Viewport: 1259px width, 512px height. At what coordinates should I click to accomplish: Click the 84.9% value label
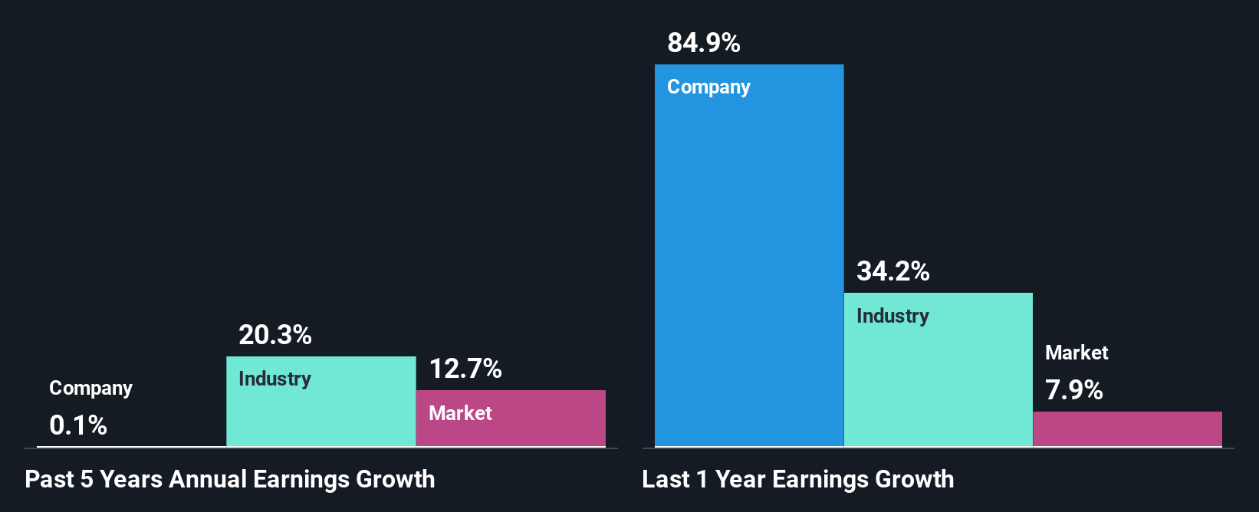(703, 43)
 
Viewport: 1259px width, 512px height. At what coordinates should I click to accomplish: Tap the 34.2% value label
(892, 271)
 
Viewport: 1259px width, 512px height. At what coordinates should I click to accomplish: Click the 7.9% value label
(1073, 390)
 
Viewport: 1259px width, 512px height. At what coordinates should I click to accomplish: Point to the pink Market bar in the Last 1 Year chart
(1127, 429)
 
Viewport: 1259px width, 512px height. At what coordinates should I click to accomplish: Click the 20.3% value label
(274, 335)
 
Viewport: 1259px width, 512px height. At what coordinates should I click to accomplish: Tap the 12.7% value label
(465, 369)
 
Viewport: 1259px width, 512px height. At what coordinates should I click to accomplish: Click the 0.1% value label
(78, 425)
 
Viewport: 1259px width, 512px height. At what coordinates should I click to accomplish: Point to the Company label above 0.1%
(90, 389)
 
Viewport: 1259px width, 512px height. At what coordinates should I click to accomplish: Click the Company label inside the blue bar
(708, 87)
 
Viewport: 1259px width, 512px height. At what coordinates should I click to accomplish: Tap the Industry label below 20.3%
(274, 379)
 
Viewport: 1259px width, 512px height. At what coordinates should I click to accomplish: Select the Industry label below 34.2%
(892, 316)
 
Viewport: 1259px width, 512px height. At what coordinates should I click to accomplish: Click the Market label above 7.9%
(1077, 353)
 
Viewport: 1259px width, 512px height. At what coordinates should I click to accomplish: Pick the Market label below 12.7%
(460, 413)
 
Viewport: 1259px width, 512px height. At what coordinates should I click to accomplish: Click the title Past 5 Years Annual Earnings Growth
(229, 480)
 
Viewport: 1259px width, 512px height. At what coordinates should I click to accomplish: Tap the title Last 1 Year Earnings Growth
(797, 480)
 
